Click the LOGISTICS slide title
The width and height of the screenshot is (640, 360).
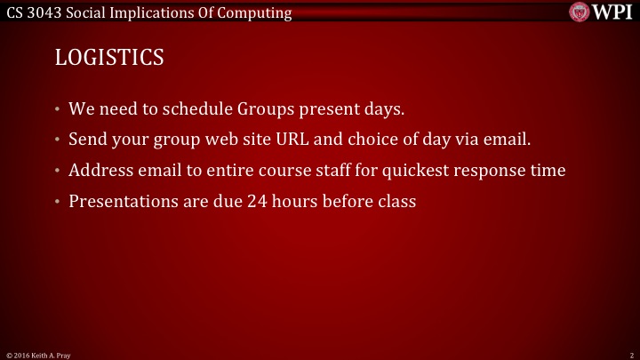pyautogui.click(x=109, y=58)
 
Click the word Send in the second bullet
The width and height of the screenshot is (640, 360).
pyautogui.click(x=87, y=140)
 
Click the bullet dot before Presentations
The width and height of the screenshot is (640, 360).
pyautogui.click(x=57, y=202)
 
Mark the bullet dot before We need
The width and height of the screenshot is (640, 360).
pyautogui.click(x=57, y=111)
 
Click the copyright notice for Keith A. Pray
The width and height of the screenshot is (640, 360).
pyautogui.click(x=38, y=355)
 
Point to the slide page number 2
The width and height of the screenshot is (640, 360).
pyautogui.click(x=629, y=355)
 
